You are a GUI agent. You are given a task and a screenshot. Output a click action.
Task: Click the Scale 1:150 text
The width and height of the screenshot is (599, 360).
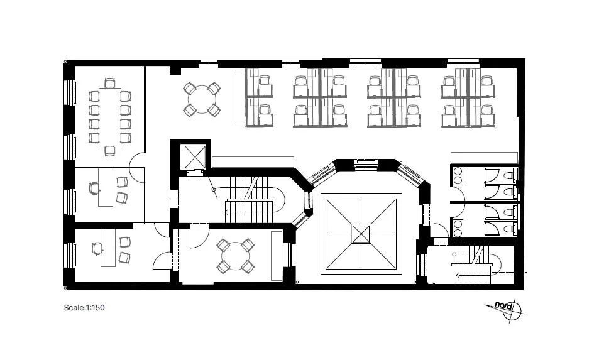(84, 307)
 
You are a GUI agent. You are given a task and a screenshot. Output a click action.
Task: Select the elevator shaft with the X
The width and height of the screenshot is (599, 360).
(195, 156)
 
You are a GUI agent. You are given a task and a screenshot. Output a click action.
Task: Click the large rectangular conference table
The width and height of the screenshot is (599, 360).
(109, 117)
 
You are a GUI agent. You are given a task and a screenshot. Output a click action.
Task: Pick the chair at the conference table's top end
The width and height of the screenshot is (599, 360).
(109, 83)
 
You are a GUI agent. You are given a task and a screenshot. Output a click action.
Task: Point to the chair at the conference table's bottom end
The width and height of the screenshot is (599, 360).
(110, 151)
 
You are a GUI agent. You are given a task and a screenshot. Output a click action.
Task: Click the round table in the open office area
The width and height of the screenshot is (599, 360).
(202, 99)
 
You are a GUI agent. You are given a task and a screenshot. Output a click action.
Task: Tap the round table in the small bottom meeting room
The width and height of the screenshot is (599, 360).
(235, 256)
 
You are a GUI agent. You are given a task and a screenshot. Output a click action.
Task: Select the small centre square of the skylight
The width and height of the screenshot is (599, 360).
(361, 234)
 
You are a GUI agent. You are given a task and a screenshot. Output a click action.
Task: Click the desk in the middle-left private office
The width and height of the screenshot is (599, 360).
(106, 187)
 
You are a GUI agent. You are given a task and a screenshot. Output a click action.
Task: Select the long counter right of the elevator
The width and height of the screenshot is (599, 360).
(253, 162)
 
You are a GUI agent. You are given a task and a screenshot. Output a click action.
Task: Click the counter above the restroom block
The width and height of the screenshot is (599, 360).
(485, 158)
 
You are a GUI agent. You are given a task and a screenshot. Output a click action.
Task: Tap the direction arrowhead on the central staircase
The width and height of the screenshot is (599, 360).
(227, 211)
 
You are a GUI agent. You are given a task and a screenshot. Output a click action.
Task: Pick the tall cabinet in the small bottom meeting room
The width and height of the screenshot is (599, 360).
(276, 256)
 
